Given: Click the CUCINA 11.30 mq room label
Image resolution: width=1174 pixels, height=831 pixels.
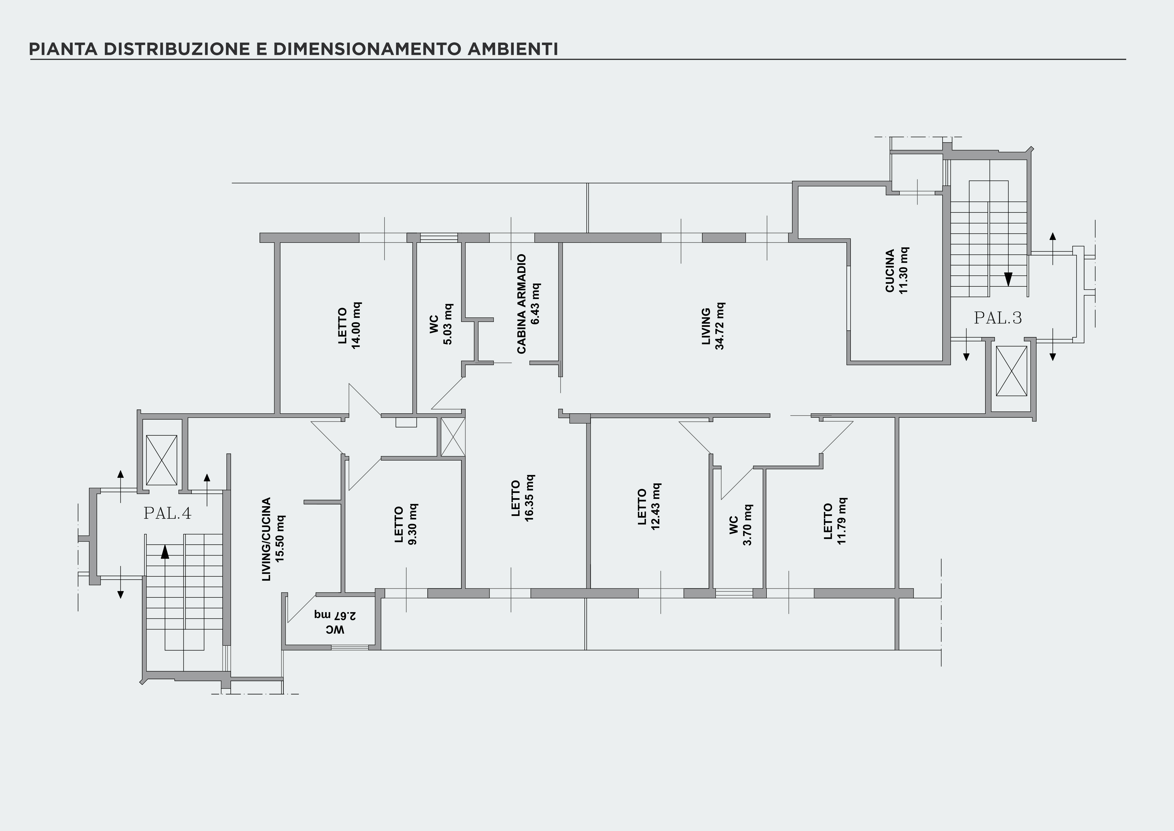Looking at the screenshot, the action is click(x=897, y=271).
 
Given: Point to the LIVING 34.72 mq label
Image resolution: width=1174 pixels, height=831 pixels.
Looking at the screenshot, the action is click(x=713, y=326).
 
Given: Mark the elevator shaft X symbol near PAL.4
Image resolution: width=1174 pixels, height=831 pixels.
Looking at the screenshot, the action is click(x=162, y=460).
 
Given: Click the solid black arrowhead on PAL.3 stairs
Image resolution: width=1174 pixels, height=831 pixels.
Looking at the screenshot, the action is click(x=1008, y=279).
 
